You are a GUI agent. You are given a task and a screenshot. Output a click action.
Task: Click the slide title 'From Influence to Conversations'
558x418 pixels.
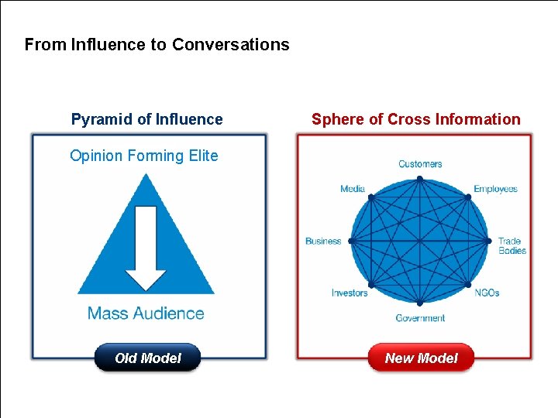157,45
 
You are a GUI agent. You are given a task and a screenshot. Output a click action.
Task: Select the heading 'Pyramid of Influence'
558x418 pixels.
146,119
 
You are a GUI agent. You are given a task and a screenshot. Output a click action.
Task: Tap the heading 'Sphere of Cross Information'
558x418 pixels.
415,119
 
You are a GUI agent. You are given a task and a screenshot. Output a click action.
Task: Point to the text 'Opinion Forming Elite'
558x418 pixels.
144,156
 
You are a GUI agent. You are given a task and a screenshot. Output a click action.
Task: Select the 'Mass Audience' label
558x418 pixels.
146,313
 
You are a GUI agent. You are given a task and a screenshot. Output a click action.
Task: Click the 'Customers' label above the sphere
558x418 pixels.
420,164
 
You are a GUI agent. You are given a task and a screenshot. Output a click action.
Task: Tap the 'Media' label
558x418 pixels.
353,189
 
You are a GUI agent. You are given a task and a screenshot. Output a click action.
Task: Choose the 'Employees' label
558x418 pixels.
495,189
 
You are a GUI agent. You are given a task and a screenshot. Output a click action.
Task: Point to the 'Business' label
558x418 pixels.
323,241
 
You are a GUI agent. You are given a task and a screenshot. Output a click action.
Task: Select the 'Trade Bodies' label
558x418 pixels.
511,246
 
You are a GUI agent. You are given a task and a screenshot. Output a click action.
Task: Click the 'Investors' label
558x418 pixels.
350,293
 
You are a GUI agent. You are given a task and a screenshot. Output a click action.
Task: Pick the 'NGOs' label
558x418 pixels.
487,293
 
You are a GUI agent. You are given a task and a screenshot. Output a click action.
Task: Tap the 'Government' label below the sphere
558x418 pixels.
420,318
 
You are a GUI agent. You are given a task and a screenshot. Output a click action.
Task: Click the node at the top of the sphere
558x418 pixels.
419,178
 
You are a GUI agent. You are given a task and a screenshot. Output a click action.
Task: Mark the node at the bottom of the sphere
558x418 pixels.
419,303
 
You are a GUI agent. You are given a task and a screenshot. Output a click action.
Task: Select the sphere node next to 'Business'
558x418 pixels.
350,241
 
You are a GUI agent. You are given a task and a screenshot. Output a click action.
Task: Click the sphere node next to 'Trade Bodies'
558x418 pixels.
489,241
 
